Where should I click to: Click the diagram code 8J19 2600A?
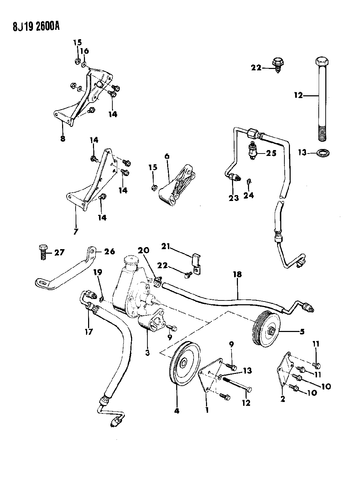[31, 26]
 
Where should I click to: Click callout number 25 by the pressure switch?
[271, 153]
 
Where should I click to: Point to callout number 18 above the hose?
[238, 274]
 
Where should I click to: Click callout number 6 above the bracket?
[167, 156]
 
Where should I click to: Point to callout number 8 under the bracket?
[62, 139]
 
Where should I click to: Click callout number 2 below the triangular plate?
[283, 399]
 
